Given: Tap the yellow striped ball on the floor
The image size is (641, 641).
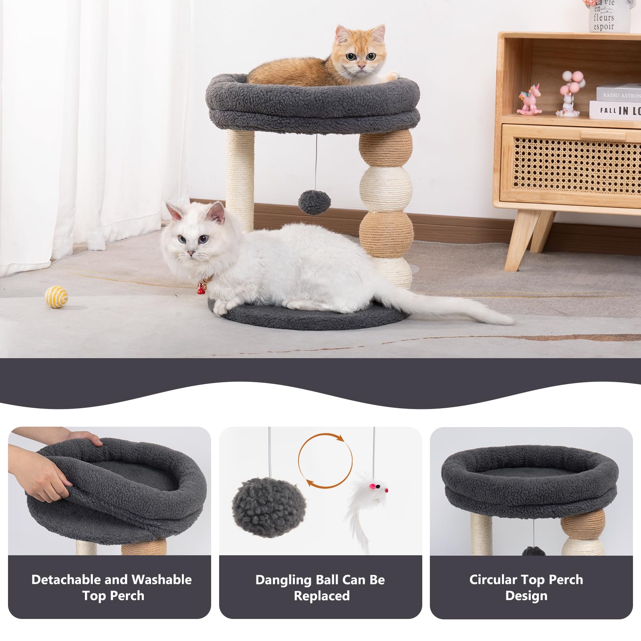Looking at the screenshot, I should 56,296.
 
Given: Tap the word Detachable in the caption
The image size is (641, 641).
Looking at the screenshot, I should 66,580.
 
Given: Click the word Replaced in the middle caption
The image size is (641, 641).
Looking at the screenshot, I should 321,596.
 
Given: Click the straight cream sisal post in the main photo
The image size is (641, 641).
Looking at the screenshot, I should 240,176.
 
